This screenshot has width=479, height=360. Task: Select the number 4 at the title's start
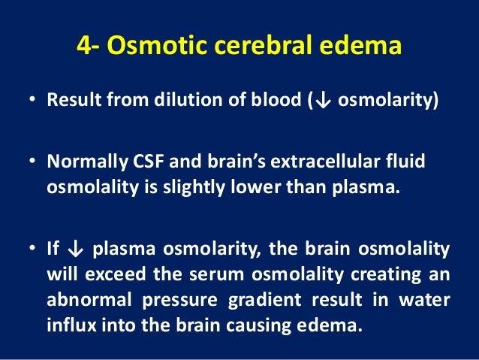pyautogui.click(x=83, y=47)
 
